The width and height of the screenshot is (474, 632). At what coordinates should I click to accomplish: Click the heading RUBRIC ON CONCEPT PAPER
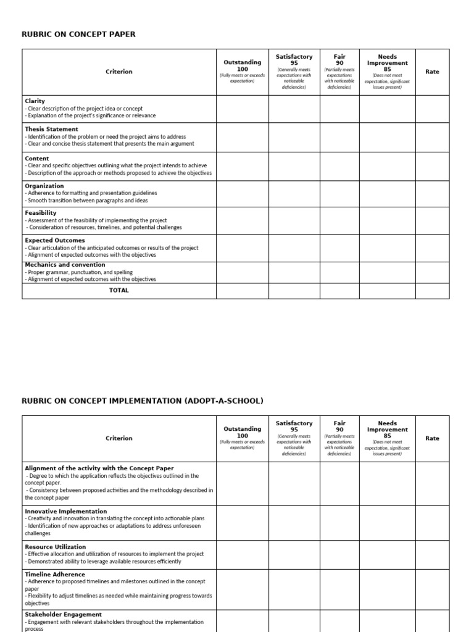point(78,35)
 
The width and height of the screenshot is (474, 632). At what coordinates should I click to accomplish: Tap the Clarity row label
point(35,101)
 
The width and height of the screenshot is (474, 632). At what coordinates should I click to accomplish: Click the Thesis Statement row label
point(51,129)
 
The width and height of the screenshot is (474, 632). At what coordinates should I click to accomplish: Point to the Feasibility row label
point(41,213)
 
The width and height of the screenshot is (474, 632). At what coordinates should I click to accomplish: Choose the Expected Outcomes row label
point(55,240)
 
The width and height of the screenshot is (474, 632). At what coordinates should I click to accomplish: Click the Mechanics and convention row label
point(65,265)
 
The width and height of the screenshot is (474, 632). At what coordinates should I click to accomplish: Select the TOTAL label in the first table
point(119,291)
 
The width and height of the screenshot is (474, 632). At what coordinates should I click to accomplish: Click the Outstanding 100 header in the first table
point(242,66)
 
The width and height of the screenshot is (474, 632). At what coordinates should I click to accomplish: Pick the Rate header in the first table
point(432,72)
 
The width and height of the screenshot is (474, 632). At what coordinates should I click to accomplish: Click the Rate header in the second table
point(432,438)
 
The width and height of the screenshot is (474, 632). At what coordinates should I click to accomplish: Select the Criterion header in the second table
point(119,438)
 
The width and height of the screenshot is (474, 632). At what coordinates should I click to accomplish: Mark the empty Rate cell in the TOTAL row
point(432,291)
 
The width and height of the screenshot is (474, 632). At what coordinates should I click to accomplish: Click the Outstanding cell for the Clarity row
point(242,109)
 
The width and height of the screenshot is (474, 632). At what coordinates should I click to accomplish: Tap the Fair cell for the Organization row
point(339,193)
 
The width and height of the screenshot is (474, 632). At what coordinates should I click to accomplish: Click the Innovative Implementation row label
point(65,511)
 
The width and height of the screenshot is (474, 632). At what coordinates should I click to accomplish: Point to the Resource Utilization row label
point(56,547)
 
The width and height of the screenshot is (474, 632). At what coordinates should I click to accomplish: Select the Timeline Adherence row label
point(55,575)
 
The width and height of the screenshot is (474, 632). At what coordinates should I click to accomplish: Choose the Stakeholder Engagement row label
point(64,615)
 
